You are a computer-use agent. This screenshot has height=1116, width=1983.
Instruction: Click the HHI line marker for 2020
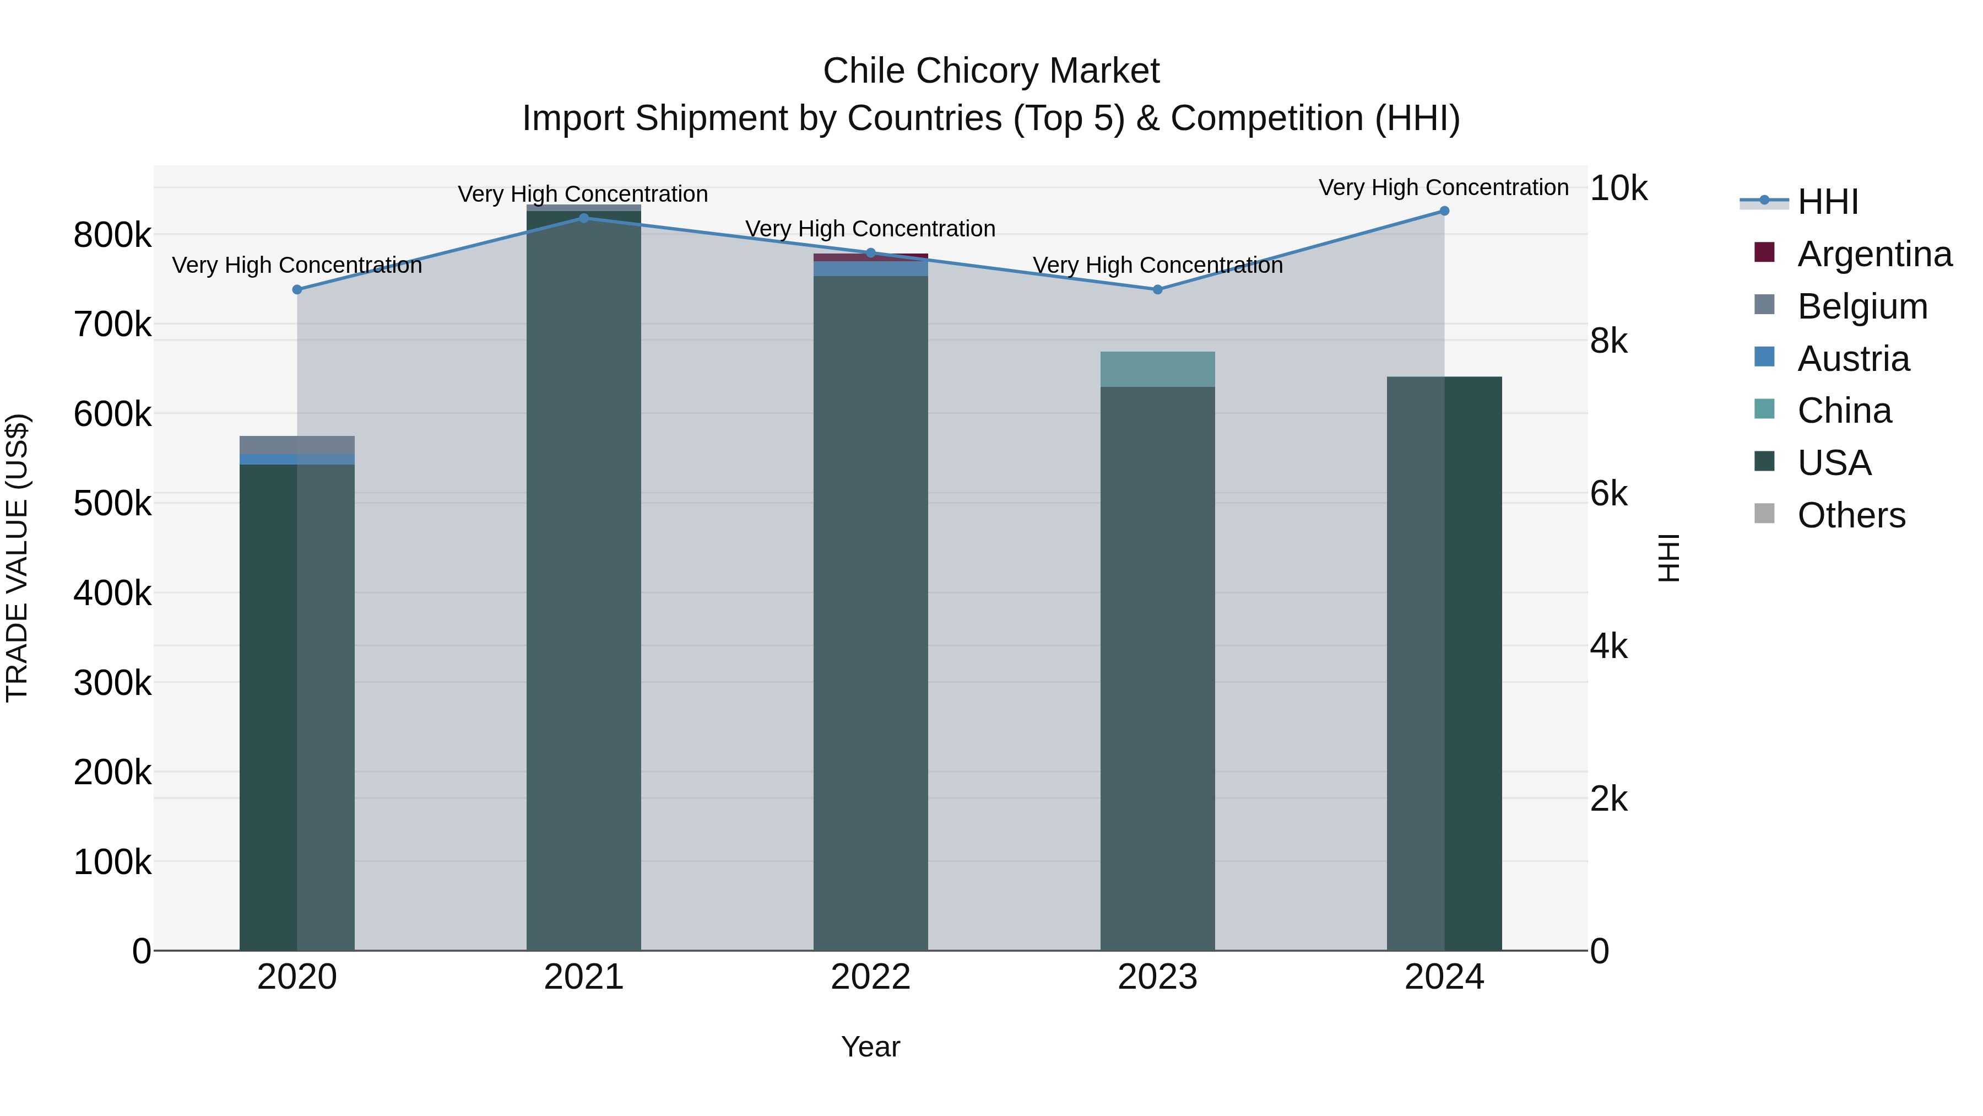297,289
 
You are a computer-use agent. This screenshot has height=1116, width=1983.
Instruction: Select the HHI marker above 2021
583,218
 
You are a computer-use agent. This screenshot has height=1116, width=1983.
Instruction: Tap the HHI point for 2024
1444,211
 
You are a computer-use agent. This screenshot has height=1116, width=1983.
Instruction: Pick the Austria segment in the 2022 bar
871,268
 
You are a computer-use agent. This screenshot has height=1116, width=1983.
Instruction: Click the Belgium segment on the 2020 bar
297,444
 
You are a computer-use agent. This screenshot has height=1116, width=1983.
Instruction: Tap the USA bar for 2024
1444,662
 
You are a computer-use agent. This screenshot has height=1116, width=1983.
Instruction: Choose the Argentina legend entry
1874,254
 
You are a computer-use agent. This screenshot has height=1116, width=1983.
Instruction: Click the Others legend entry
1851,515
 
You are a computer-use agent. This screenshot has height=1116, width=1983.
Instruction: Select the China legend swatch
1764,409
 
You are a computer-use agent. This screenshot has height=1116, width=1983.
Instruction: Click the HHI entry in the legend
1828,202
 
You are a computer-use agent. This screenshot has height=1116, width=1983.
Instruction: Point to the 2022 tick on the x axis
871,977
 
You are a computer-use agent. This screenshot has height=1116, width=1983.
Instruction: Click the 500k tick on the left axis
112,504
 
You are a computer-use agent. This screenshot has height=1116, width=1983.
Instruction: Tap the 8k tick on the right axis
1609,341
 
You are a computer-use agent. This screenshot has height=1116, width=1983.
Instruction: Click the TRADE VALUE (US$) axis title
18,558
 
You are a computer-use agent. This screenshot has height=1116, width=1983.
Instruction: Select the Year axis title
871,1047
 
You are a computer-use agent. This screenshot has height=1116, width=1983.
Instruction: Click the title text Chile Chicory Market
991,71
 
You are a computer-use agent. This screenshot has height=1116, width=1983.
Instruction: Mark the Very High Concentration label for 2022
871,229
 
